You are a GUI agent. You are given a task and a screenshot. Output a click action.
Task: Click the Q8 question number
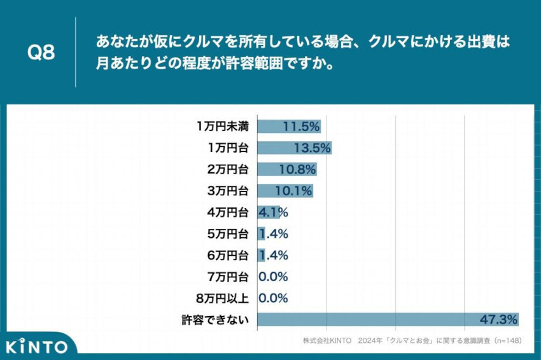(x=41, y=53)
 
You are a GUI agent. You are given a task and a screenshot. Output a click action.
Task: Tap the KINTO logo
(x=37, y=347)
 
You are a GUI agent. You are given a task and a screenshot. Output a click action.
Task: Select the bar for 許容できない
(x=388, y=319)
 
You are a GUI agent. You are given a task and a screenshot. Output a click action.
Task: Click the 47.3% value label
(x=498, y=319)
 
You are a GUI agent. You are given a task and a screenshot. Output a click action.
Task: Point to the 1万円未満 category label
(x=223, y=126)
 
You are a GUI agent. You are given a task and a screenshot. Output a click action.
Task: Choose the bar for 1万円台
(x=294, y=148)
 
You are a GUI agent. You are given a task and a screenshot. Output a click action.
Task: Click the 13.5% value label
(x=312, y=148)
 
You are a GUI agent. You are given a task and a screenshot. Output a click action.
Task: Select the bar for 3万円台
(x=285, y=191)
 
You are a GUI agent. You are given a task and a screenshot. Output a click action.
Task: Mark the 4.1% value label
(x=273, y=212)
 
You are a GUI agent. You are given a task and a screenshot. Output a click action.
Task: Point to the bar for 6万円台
(x=261, y=255)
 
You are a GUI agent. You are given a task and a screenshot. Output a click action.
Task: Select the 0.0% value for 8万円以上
(x=273, y=298)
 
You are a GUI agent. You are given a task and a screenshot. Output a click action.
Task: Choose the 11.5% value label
(x=301, y=126)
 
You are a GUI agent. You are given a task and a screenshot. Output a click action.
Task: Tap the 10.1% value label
(x=293, y=191)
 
